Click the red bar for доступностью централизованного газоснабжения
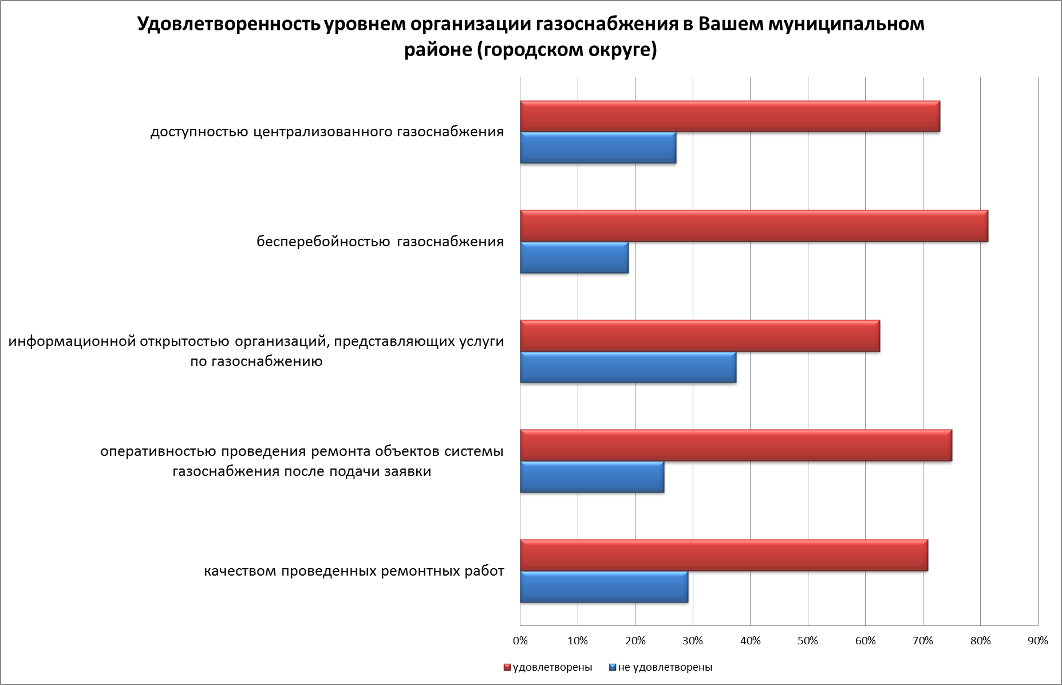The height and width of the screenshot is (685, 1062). point(730,116)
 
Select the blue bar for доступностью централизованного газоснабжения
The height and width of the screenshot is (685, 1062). point(598,148)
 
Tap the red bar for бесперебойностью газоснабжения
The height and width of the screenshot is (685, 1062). point(754,226)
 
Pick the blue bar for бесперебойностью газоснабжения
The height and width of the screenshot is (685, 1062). point(574,258)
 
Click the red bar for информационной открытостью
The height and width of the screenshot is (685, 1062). point(700,336)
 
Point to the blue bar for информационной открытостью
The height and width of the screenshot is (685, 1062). point(628,367)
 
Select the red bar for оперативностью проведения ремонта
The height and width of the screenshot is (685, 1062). point(736,445)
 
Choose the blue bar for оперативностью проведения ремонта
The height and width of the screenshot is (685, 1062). point(592,477)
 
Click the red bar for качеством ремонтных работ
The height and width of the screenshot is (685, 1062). point(724,556)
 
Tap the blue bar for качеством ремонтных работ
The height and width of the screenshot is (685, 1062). point(604,587)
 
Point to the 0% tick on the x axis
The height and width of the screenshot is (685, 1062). point(520,641)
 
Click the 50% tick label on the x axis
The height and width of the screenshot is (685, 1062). point(808,641)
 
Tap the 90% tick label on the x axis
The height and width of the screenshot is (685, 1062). point(1038,641)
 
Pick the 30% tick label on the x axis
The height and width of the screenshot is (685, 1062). point(693,641)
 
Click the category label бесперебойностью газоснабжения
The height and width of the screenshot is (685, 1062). point(380,242)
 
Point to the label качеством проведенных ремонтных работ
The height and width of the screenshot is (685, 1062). point(354,571)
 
